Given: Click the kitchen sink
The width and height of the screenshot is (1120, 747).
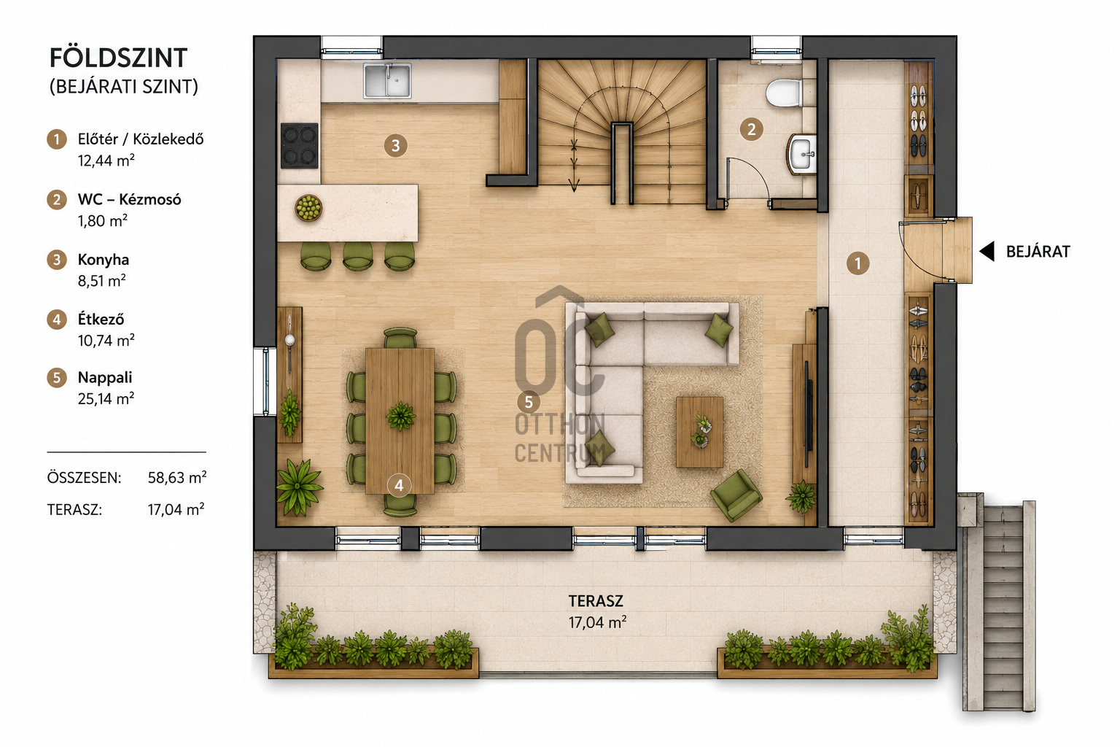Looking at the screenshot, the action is coord(387,80).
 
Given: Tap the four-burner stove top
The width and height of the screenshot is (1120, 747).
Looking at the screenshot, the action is coord(299,145).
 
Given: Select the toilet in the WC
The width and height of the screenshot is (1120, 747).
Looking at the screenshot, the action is coord(784,93).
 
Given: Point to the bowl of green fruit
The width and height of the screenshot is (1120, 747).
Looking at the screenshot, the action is coord(308,208).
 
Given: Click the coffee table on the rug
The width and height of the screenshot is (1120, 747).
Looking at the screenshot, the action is coord(699,432).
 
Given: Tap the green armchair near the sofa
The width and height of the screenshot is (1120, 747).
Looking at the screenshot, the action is coord(736,495).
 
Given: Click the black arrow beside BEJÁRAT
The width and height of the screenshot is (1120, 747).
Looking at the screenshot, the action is coord(987,251).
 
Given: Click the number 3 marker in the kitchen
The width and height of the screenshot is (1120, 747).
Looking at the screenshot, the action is coord(395,146).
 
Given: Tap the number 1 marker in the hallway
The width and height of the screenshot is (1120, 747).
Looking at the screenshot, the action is coord(858,263).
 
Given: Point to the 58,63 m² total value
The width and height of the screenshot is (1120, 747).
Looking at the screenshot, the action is coord(177,477).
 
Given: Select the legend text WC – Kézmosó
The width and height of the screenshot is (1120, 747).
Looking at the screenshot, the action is coord(130,200).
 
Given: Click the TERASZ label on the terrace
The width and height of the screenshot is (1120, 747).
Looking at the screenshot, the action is coord(596,600).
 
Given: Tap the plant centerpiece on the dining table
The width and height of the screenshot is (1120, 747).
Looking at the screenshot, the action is coord(400,416).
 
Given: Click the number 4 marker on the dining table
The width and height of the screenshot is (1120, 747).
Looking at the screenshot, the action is coord(399,485).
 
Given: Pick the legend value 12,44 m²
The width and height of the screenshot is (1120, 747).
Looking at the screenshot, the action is coord(106,160).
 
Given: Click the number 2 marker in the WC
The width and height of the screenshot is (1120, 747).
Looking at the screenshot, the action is coord(752,130).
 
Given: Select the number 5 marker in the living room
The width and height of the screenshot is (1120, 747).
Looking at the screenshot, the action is coord(529,402).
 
